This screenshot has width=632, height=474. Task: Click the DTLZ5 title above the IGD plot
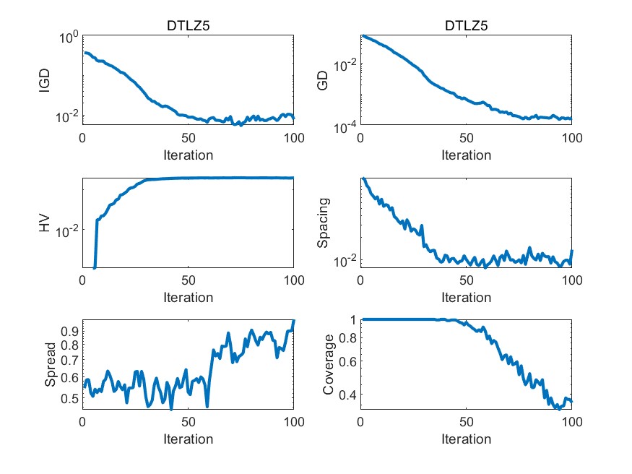point(188,27)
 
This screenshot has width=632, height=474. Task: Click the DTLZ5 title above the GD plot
point(466,27)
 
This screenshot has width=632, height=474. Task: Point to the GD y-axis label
point(323,80)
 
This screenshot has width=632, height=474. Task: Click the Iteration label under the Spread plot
point(188,439)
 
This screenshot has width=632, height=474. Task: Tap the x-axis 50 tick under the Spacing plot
point(466,281)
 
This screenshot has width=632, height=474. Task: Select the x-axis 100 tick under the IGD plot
point(294,139)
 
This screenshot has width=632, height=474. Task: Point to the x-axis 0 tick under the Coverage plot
point(360,423)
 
